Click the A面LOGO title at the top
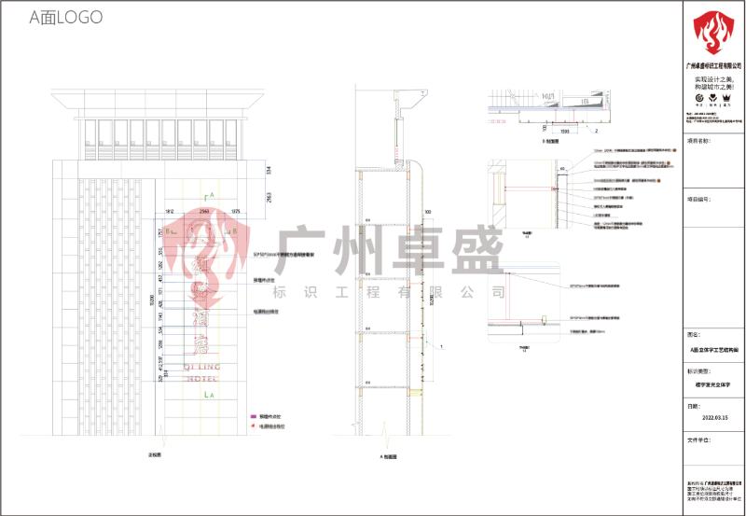pos(65,18)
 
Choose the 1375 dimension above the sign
pos(235,212)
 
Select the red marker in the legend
pos(253,425)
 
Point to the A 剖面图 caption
pos(389,457)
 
